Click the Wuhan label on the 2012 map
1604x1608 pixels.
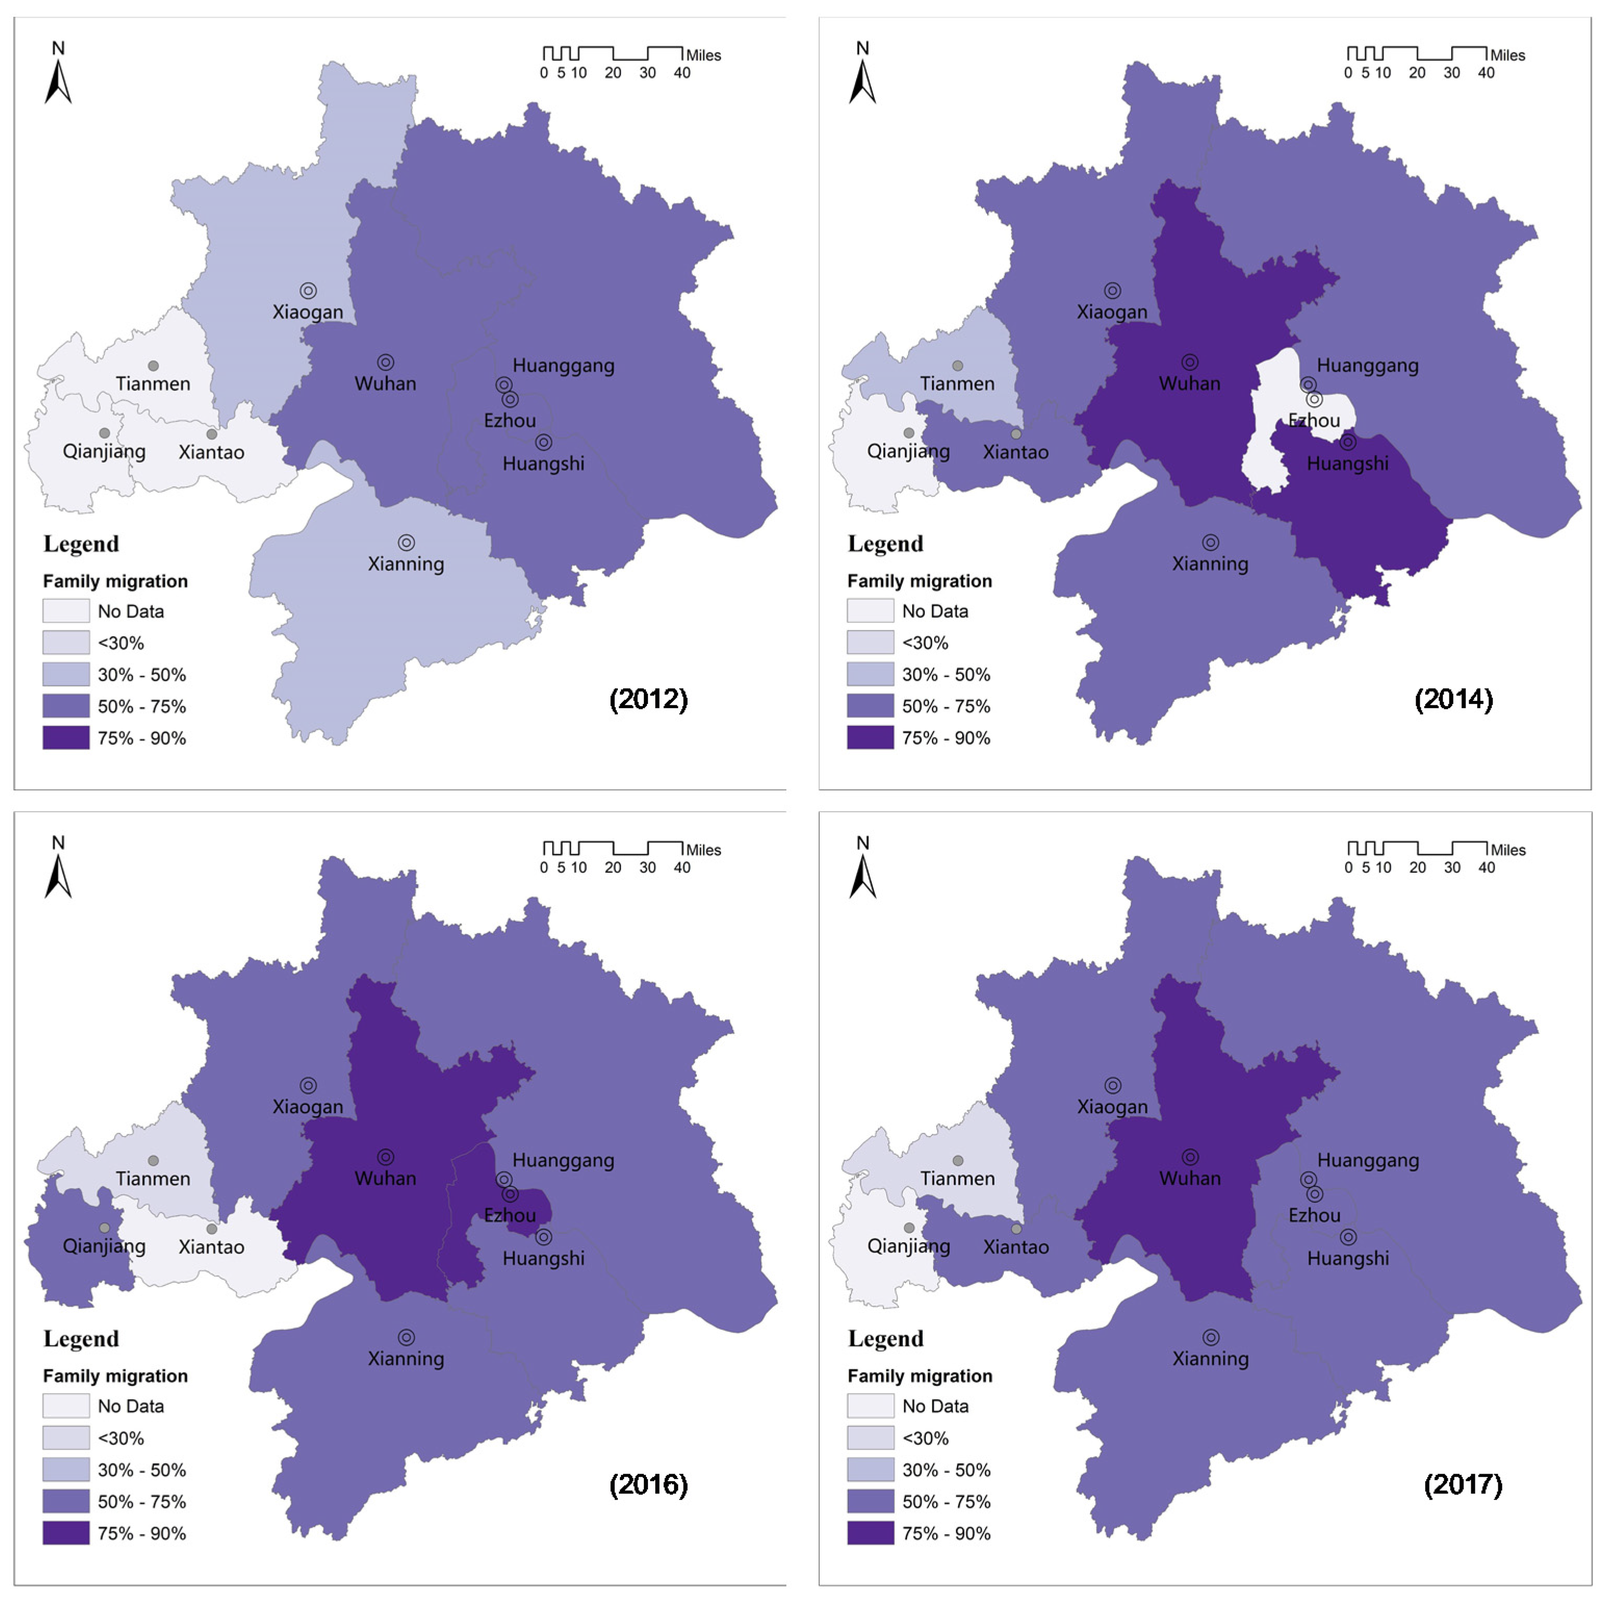click(385, 384)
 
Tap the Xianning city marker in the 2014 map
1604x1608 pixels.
click(1210, 543)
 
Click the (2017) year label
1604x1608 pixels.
click(1463, 1484)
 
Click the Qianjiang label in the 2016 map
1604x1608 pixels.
click(104, 1246)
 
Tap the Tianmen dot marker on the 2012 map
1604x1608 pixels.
click(153, 365)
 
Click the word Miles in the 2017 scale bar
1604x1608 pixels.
click(1507, 850)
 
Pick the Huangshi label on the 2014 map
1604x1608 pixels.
click(1347, 464)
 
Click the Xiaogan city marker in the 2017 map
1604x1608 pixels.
click(1113, 1086)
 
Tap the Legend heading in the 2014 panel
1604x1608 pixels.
click(885, 543)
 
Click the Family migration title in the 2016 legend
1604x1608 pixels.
click(115, 1376)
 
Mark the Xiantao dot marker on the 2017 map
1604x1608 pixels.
click(1016, 1229)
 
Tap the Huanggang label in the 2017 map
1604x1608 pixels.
click(1368, 1160)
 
